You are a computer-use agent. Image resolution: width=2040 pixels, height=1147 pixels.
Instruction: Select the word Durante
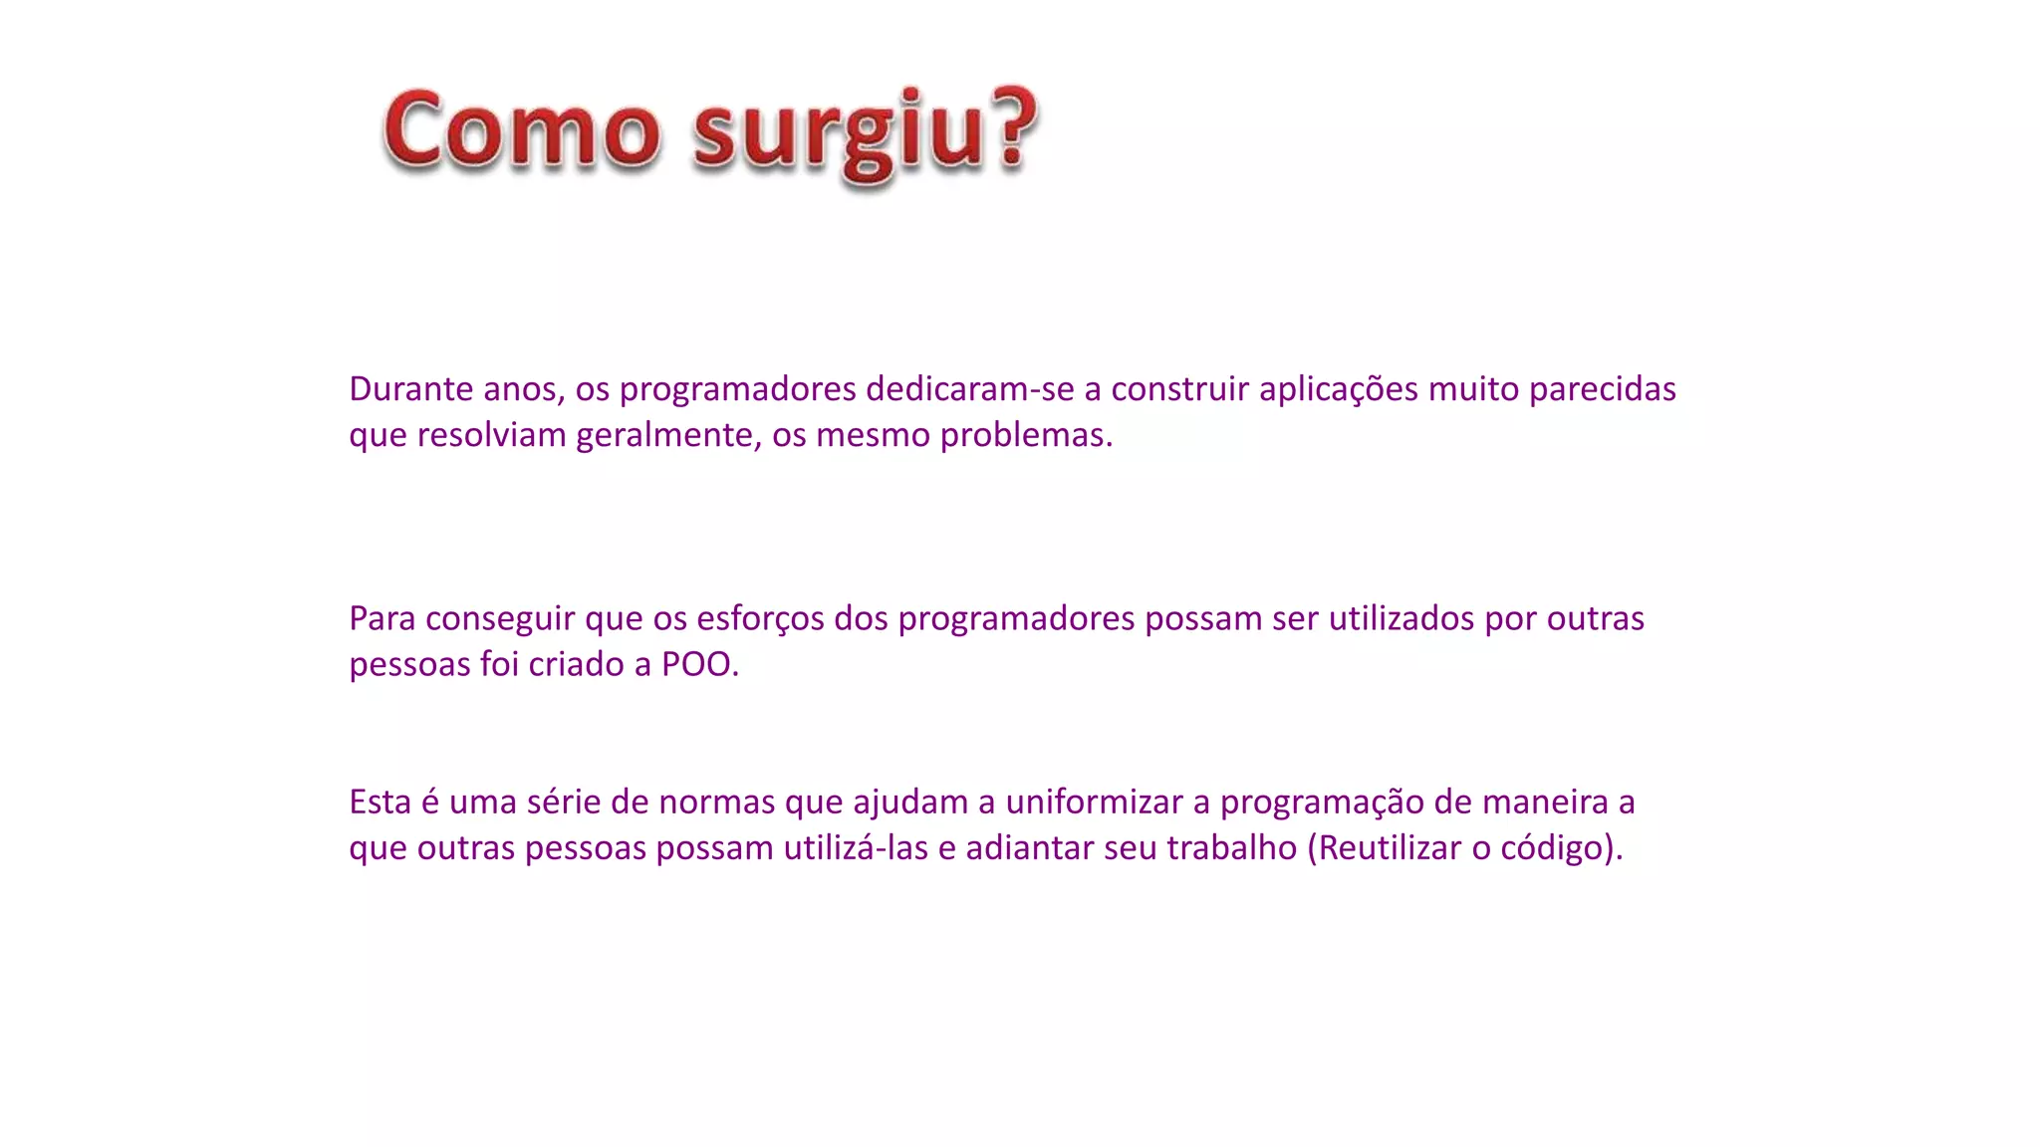coord(410,388)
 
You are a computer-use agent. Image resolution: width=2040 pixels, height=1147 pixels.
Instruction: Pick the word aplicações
coord(1338,388)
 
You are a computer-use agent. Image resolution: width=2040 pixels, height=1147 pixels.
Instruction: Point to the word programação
coord(1322,802)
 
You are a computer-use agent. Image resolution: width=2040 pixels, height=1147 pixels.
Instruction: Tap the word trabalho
coord(1231,847)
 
